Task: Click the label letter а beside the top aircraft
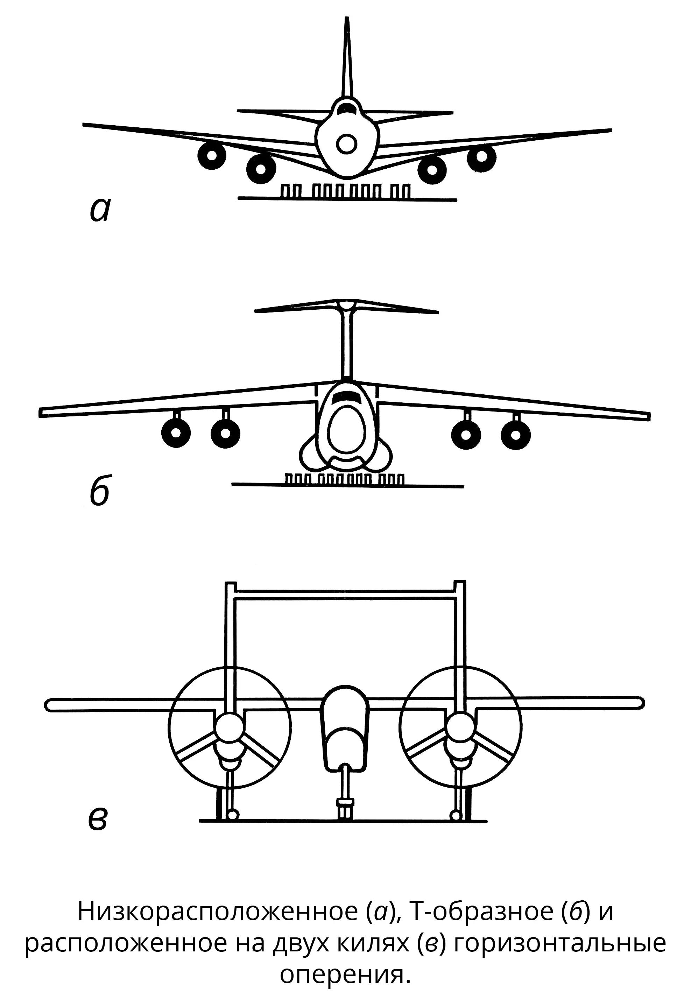[100, 211]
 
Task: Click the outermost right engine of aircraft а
[481, 155]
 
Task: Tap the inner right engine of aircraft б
[466, 434]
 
